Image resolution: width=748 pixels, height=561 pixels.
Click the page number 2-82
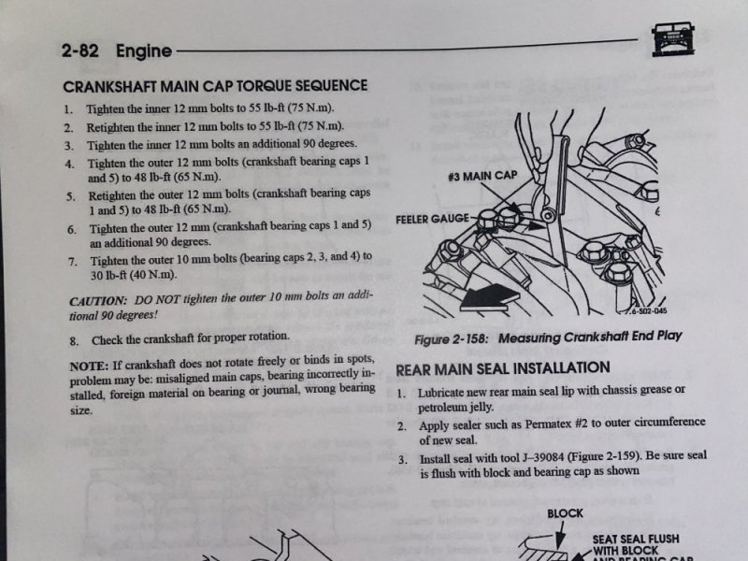(80, 50)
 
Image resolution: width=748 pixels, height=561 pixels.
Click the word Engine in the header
(144, 50)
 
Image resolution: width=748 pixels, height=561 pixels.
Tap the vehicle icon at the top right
(672, 39)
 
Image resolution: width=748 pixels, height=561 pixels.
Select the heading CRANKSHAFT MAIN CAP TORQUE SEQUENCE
(215, 86)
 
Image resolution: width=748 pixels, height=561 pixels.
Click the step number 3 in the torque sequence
(69, 146)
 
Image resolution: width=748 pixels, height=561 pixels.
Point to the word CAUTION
(98, 301)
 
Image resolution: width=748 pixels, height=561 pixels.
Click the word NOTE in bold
(88, 367)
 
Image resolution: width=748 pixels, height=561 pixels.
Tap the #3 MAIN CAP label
(482, 176)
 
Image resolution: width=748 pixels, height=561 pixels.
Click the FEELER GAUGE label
(433, 219)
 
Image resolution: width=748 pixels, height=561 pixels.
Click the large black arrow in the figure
(489, 298)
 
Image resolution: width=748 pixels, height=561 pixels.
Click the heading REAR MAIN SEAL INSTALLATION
(503, 368)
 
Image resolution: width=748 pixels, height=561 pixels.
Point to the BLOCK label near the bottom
(565, 513)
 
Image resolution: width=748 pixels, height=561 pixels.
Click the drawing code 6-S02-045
(648, 311)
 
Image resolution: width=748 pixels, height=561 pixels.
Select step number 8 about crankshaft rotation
(74, 341)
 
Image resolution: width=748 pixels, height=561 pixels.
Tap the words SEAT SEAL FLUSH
(636, 539)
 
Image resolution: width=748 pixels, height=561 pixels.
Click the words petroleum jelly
(455, 408)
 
